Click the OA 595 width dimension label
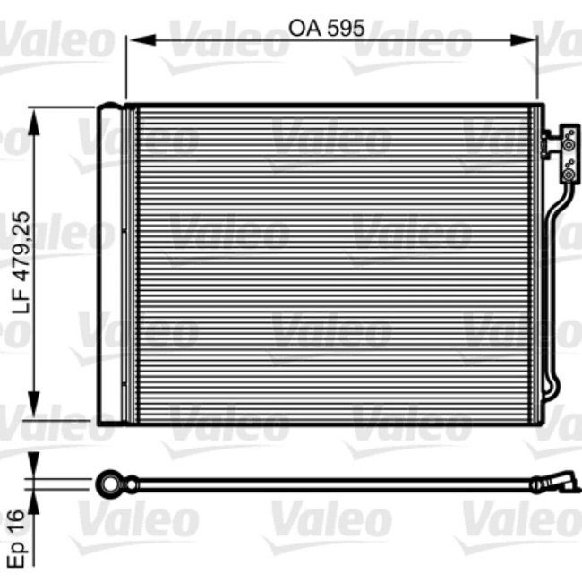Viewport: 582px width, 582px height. coord(326,28)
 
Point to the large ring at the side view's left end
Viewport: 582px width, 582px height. coord(110,484)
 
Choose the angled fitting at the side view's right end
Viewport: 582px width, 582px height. coord(557,483)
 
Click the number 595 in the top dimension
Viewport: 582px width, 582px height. coord(345,28)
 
